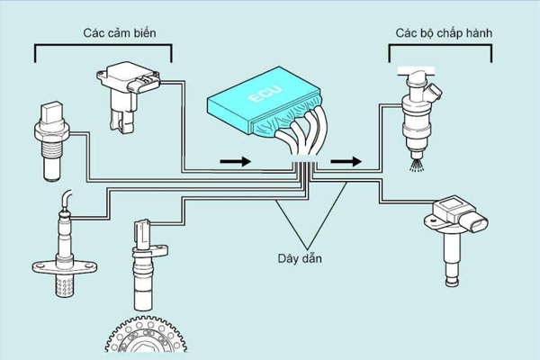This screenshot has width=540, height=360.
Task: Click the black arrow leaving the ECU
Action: (x=346, y=163)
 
